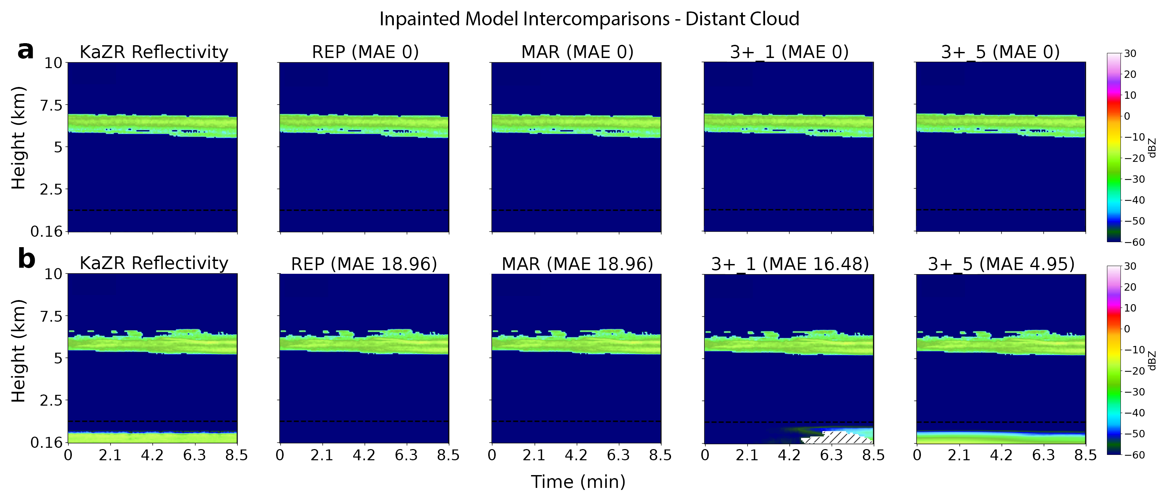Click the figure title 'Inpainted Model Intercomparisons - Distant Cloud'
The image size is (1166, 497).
[589, 19]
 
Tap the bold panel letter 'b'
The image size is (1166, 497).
[26, 259]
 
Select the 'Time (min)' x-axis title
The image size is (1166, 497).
[578, 481]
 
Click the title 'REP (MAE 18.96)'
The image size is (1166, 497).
[364, 264]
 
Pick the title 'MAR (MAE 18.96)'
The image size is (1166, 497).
[577, 264]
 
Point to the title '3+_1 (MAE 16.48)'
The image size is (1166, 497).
[790, 264]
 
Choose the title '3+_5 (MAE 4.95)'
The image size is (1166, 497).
[1001, 264]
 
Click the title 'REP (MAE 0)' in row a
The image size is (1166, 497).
[365, 52]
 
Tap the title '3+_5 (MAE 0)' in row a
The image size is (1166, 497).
[1000, 52]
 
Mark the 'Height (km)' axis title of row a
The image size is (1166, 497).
[18, 138]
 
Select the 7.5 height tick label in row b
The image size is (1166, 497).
[51, 316]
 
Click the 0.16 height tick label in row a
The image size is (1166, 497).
[46, 232]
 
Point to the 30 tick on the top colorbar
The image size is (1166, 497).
[1130, 53]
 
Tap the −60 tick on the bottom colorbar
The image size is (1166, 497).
[1133, 455]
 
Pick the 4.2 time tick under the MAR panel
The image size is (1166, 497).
[576, 455]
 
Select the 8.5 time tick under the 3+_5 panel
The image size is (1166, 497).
[1085, 455]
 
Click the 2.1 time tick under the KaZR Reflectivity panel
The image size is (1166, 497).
[110, 455]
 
